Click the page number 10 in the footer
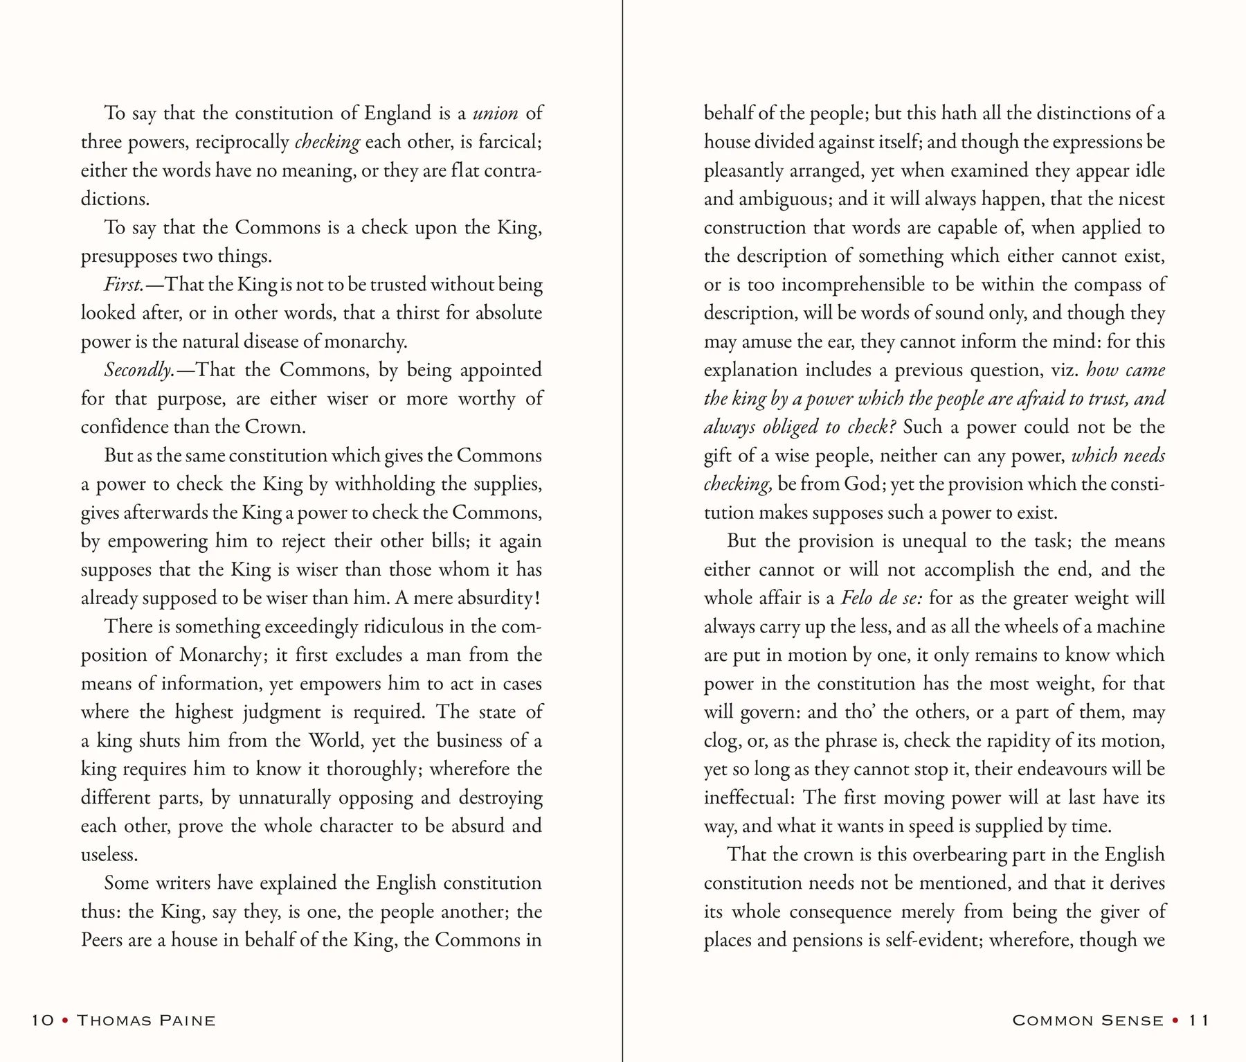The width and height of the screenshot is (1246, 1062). tap(42, 1020)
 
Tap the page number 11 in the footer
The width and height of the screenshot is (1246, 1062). tap(1199, 1020)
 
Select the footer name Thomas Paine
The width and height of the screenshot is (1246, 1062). tap(146, 1020)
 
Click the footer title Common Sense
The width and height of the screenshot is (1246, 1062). tap(1087, 1020)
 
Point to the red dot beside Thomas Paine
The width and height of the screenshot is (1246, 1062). tap(65, 1020)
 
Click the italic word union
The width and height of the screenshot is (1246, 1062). tap(495, 113)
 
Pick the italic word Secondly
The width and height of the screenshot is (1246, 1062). tap(138, 371)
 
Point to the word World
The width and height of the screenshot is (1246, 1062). tap(335, 741)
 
